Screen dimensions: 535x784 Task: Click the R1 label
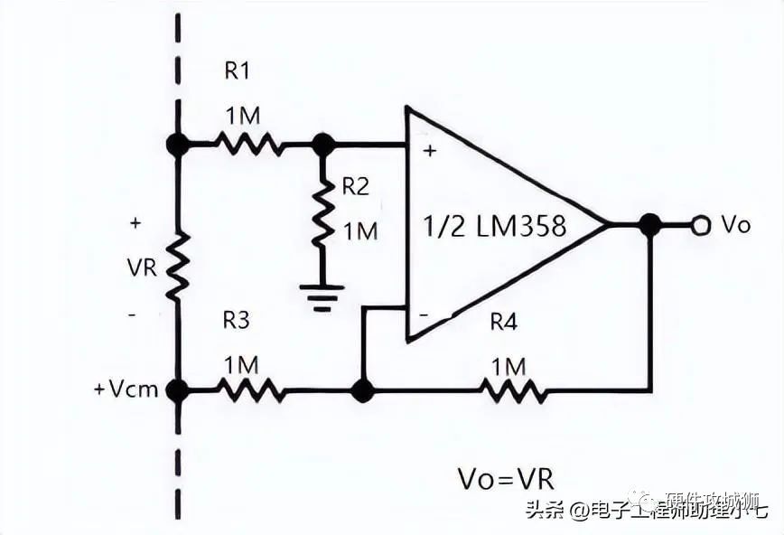point(240,71)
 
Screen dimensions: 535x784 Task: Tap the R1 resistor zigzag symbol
point(249,144)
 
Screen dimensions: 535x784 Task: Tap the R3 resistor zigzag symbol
point(252,390)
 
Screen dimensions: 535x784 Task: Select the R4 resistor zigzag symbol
point(512,390)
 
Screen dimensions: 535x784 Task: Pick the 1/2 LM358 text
point(494,225)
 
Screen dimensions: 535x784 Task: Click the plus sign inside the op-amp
point(430,151)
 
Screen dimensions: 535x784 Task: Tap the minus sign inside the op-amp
point(424,317)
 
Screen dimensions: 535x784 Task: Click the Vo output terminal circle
point(699,225)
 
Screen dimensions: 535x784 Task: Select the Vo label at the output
point(735,225)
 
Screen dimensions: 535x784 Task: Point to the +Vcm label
point(126,390)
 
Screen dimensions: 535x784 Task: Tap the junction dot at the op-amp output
point(649,225)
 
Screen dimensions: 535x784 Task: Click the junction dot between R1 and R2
point(322,144)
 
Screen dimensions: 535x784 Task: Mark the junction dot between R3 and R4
point(362,390)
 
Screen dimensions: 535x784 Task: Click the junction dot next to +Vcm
point(178,390)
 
